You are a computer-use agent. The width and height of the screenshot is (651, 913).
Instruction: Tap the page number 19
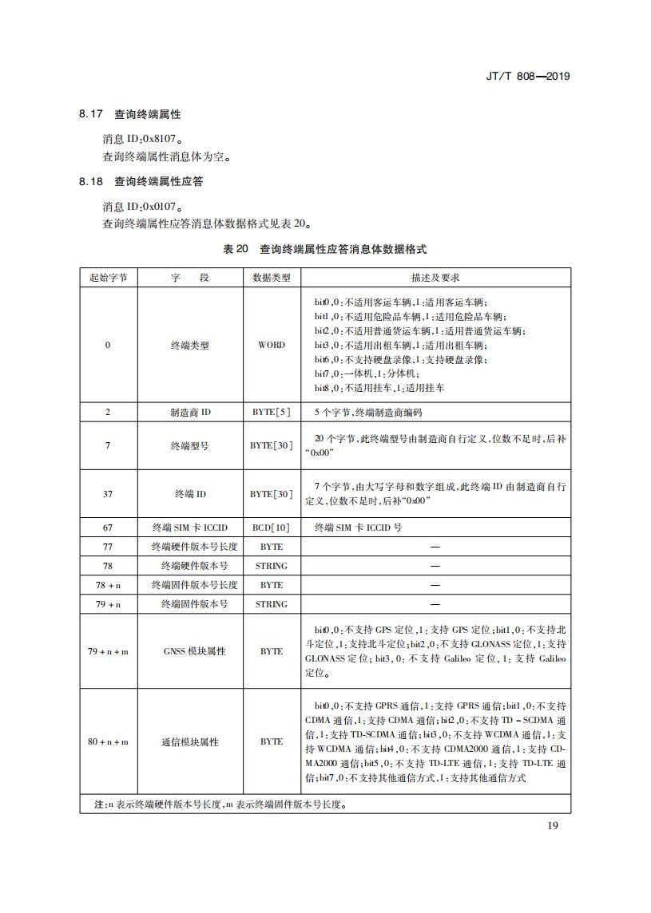click(553, 824)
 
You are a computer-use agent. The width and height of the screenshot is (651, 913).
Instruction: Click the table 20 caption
click(325, 249)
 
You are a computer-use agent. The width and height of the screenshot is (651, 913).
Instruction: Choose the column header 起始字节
click(109, 278)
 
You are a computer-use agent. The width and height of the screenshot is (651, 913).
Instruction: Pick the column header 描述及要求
click(435, 278)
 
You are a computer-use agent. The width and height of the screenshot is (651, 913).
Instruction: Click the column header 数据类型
click(272, 278)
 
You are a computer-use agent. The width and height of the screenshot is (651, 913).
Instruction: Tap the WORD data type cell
click(272, 345)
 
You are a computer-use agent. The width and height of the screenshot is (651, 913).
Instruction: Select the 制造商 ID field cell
click(190, 413)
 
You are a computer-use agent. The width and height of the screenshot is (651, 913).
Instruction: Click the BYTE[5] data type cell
click(272, 413)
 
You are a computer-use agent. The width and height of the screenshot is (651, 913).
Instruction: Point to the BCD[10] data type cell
click(272, 528)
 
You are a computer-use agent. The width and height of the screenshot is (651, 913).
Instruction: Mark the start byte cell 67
click(109, 528)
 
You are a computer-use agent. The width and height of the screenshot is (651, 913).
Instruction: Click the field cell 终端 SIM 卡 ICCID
click(190, 528)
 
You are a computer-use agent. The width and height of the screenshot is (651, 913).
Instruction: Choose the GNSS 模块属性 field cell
click(190, 651)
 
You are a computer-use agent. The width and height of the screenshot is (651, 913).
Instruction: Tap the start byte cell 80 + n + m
click(109, 741)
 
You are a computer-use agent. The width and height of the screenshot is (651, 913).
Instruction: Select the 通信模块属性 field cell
click(190, 741)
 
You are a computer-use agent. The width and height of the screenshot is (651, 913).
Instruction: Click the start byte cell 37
click(109, 494)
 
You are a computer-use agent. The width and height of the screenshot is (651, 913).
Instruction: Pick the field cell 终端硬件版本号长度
click(190, 547)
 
